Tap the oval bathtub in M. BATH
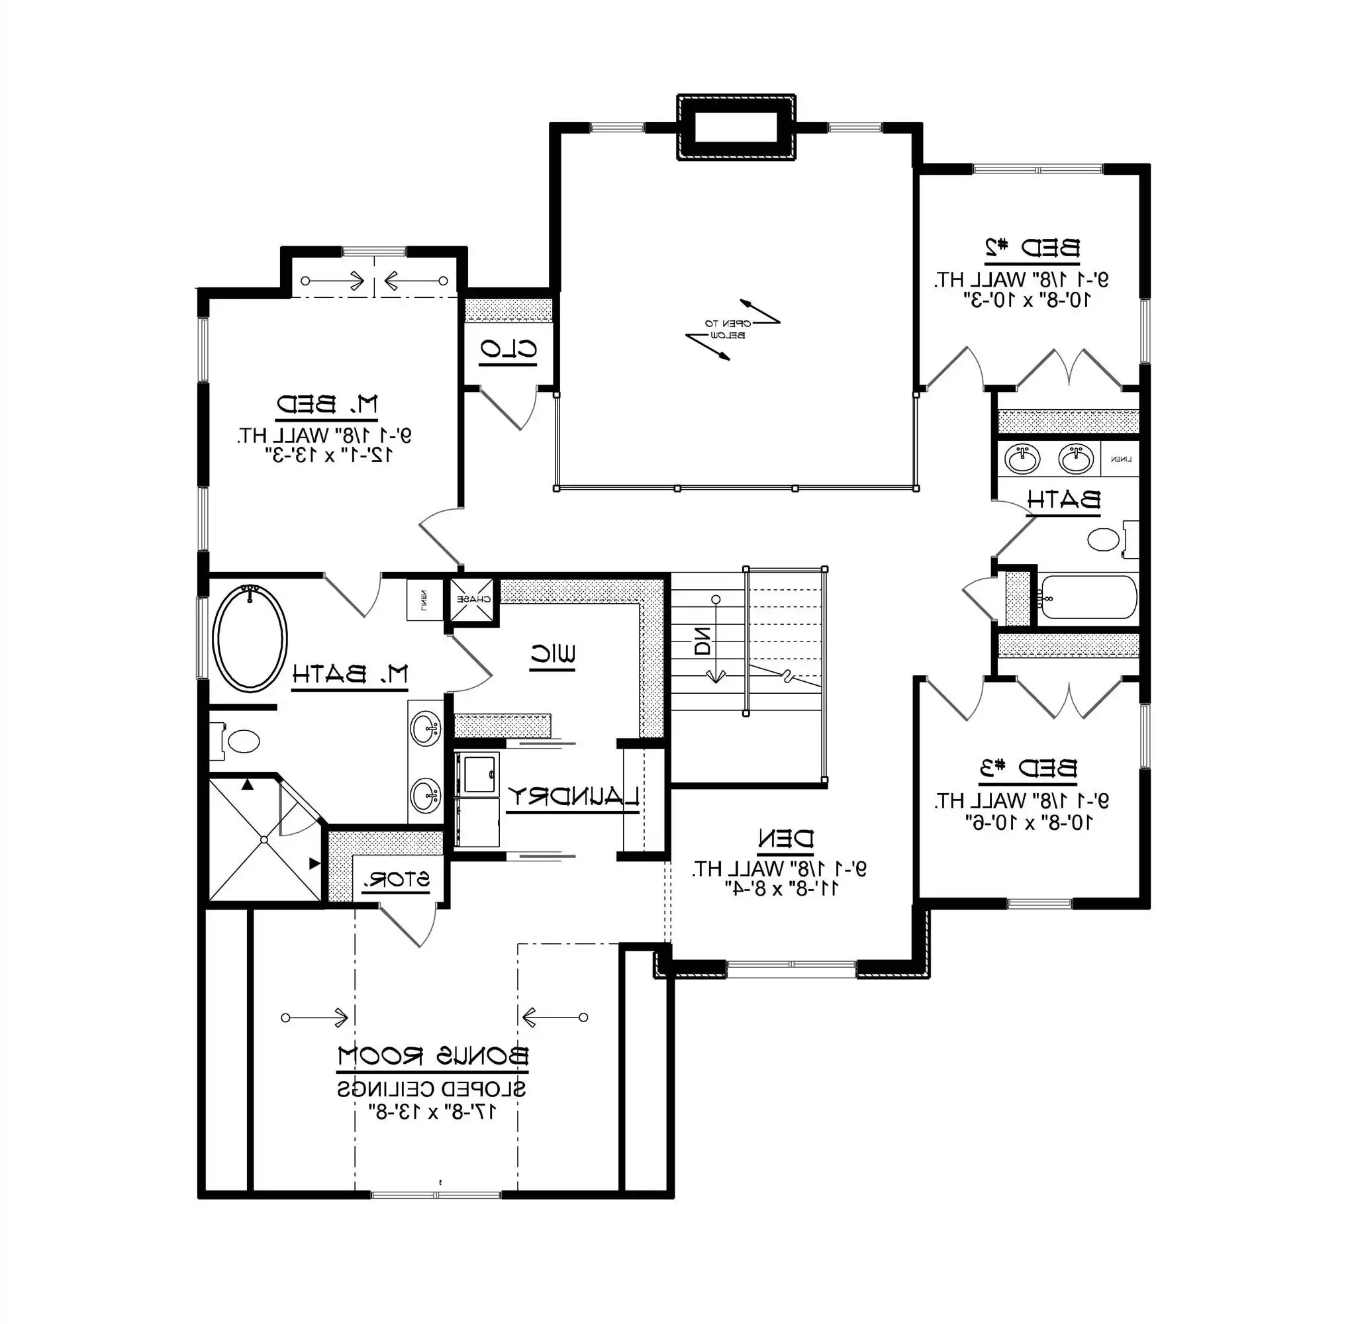tap(249, 638)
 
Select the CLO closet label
tap(508, 350)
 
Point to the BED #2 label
tap(1032, 248)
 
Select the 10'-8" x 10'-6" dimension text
tap(1029, 822)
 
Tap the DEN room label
tap(785, 839)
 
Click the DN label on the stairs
tap(703, 641)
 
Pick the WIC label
tap(553, 655)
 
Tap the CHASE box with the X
tap(473, 598)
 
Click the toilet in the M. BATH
tap(240, 741)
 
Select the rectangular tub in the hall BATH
tap(1088, 596)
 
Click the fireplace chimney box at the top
tap(736, 128)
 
